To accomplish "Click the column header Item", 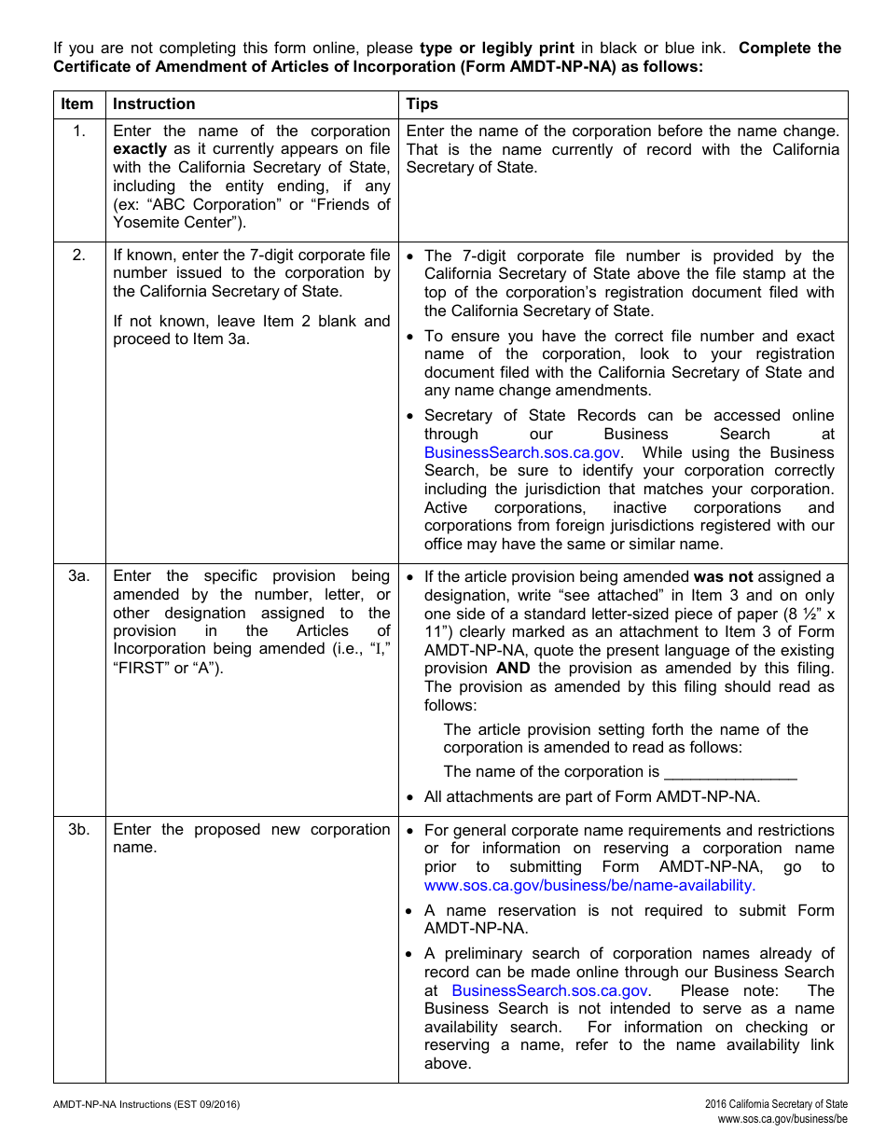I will point(77,104).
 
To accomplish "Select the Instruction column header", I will point(154,104).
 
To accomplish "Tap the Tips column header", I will point(422,104).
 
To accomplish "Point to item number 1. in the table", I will point(79,131).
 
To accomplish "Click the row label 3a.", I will point(78,576).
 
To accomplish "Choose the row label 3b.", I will point(78,830).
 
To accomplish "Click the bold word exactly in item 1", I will point(140,149).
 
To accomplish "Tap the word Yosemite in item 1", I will point(145,223).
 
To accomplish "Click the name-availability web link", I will point(589,886).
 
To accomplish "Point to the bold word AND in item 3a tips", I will point(513,669).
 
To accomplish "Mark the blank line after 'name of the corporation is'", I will point(730,772).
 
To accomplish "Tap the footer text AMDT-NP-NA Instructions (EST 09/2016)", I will point(146,1105).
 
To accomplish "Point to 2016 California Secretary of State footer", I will point(776,1105).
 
